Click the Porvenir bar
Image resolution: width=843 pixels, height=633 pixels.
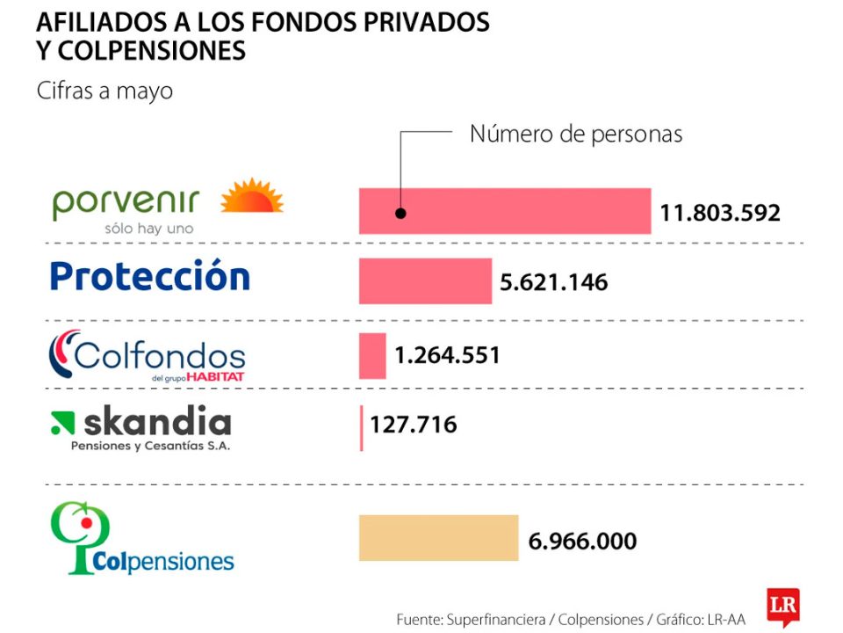click(x=505, y=211)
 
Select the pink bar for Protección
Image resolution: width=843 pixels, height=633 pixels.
click(x=425, y=281)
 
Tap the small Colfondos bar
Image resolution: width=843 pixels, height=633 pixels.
click(x=372, y=356)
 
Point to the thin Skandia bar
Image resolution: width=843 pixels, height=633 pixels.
click(x=361, y=427)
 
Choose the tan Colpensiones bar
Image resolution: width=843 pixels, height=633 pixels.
click(x=438, y=538)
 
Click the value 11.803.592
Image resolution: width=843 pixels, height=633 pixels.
click(x=720, y=213)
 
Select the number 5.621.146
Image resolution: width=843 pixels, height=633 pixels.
click(x=553, y=282)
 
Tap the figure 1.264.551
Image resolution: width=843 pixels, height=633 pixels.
click(x=447, y=356)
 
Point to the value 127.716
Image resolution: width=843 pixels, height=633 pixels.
click(x=413, y=426)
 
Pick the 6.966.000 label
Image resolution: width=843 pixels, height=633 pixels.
click(x=582, y=541)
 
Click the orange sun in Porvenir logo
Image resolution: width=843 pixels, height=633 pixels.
click(x=252, y=197)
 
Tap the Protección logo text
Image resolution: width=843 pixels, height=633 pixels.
click(x=149, y=276)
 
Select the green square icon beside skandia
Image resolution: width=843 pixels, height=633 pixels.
click(x=62, y=424)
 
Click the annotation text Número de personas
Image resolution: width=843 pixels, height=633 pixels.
click(x=576, y=135)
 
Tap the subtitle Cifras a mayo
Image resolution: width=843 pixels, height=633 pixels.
click(x=104, y=91)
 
